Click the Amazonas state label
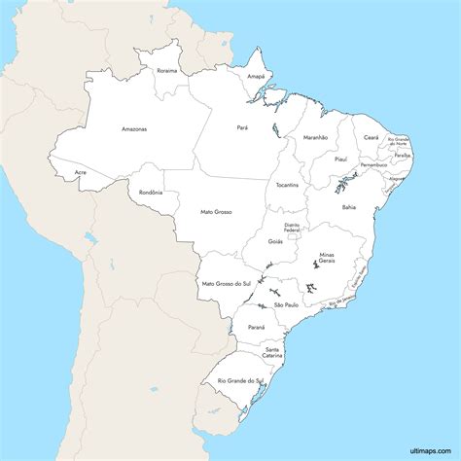tap(134, 129)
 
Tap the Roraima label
tap(167, 70)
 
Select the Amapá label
tap(256, 75)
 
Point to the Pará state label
tap(242, 126)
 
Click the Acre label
tap(80, 173)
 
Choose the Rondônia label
tap(151, 193)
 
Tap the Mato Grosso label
tap(216, 211)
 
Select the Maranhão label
tap(315, 138)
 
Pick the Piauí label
tap(340, 158)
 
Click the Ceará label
tap(371, 137)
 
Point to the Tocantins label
tap(287, 184)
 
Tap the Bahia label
tap(348, 207)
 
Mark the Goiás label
tap(275, 241)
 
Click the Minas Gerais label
tap(326, 258)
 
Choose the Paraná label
tap(256, 328)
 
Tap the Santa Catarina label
tap(272, 352)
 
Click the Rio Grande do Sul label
tap(241, 380)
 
